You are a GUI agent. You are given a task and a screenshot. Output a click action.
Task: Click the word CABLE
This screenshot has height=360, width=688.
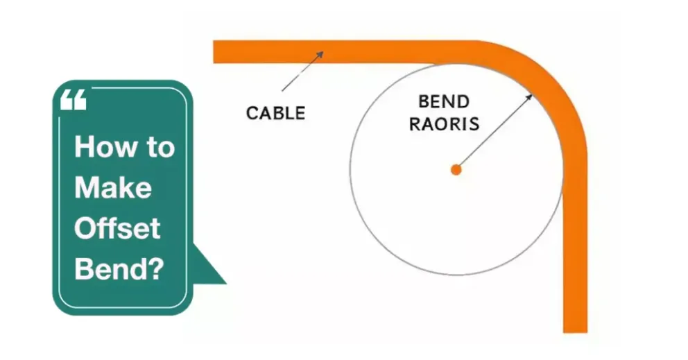(275, 113)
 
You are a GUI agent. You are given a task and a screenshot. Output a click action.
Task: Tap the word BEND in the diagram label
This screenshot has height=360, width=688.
(444, 103)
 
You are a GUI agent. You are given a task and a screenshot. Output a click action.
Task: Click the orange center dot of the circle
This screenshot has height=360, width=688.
(456, 169)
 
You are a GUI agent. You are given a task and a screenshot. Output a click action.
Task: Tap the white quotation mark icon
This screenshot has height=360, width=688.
(73, 101)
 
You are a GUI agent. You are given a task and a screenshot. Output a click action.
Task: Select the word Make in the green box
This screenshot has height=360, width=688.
(112, 188)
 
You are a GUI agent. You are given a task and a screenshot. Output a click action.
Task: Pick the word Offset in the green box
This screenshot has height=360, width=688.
(117, 228)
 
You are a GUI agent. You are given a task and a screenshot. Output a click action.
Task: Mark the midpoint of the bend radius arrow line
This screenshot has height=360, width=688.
(493, 132)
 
